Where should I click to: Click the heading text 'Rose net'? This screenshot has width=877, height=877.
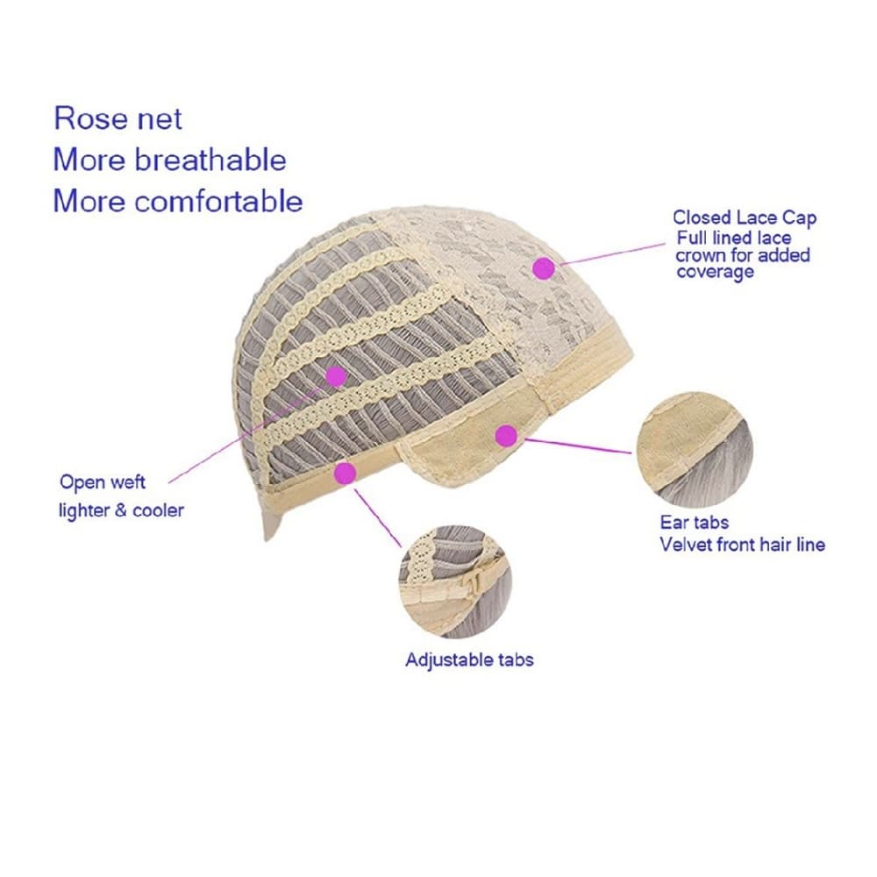tap(118, 118)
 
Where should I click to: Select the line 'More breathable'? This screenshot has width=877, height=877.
tap(170, 160)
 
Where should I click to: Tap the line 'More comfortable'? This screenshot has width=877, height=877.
tap(178, 201)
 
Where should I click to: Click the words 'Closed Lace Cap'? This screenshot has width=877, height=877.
tap(745, 217)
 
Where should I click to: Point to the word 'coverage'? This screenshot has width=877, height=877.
tap(716, 273)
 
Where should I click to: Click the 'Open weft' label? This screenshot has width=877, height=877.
tap(103, 482)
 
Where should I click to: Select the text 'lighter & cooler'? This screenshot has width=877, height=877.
tap(121, 510)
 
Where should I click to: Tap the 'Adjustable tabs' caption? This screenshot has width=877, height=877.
tap(469, 660)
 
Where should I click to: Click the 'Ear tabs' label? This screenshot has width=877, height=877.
tap(694, 523)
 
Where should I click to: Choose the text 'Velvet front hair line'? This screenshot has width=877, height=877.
tap(742, 545)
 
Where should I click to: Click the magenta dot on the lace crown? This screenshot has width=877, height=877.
tap(544, 269)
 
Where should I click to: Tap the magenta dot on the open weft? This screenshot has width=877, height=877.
tap(336, 377)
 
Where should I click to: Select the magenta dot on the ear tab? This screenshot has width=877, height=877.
tap(506, 436)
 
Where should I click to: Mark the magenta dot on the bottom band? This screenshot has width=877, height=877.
tap(345, 474)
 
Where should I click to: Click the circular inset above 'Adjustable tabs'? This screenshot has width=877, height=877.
tap(455, 581)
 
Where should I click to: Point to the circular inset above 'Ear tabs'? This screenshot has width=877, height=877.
tap(695, 450)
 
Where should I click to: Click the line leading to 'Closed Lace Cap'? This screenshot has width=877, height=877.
tap(611, 254)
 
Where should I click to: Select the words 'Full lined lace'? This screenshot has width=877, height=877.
tap(734, 239)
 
